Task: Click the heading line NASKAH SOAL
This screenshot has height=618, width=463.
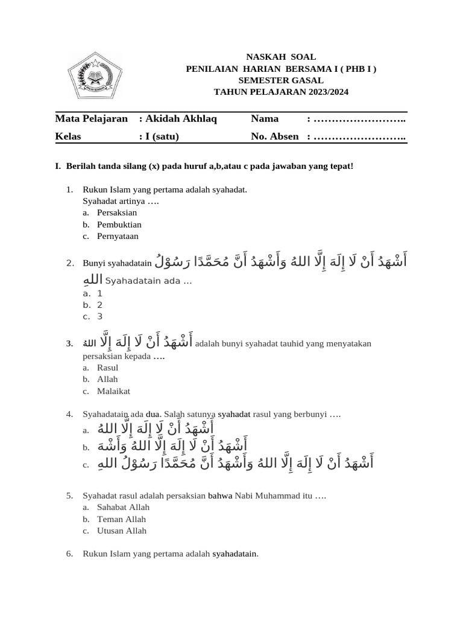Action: click(x=281, y=57)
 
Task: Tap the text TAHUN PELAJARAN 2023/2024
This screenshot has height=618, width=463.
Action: click(x=281, y=92)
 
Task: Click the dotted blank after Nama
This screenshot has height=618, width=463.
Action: click(x=359, y=119)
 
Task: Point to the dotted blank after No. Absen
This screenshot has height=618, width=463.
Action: click(x=359, y=136)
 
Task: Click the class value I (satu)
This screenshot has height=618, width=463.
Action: click(x=162, y=136)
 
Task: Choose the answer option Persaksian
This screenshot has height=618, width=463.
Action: click(x=117, y=212)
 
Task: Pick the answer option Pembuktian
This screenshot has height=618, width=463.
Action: click(x=119, y=225)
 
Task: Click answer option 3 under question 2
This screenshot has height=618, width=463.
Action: click(x=100, y=316)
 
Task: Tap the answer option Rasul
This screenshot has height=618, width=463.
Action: click(x=107, y=368)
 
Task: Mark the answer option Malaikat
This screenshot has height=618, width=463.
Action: click(x=113, y=391)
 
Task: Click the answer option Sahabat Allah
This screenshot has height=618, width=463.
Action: click(x=123, y=507)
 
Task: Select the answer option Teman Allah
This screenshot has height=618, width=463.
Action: click(x=121, y=519)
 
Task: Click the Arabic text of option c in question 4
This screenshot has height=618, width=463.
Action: click(x=235, y=463)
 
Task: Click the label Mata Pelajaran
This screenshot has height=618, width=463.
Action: click(x=91, y=119)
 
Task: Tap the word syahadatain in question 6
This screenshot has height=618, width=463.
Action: click(x=235, y=553)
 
